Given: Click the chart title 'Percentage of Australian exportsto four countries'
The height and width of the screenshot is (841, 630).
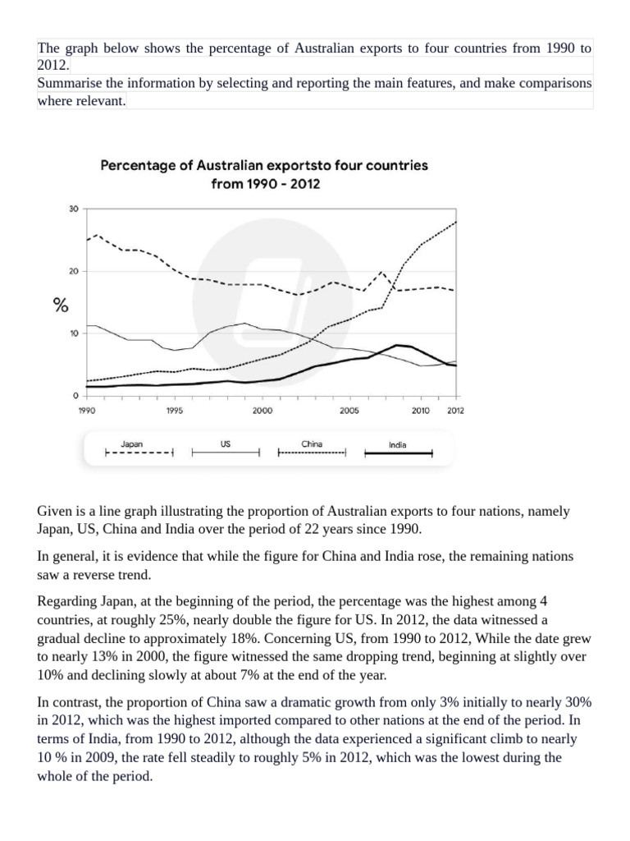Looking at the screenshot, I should pyautogui.click(x=264, y=165).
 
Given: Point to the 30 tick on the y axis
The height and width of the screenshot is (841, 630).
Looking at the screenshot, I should pyautogui.click(x=73, y=209).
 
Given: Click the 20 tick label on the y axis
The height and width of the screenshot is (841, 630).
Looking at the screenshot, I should pyautogui.click(x=73, y=271).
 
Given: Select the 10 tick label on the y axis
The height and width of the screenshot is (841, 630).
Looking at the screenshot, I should pyautogui.click(x=73, y=333).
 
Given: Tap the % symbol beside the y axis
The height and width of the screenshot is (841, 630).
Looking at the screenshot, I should pyautogui.click(x=60, y=306).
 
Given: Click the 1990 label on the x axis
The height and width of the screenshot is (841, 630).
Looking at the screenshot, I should pyautogui.click(x=86, y=411).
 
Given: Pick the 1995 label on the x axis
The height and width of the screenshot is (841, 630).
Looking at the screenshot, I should pyautogui.click(x=174, y=411).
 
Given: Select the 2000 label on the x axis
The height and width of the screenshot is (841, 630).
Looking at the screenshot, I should pyautogui.click(x=262, y=411).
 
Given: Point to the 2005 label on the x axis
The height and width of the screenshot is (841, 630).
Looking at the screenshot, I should pyautogui.click(x=349, y=411).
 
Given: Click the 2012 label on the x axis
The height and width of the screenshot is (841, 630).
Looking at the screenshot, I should pyautogui.click(x=455, y=411).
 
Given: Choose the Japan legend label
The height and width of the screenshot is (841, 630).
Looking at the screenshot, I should pyautogui.click(x=131, y=443).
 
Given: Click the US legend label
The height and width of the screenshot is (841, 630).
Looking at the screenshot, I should pyautogui.click(x=226, y=443).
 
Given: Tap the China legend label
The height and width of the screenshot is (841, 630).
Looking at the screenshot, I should pyautogui.click(x=312, y=443).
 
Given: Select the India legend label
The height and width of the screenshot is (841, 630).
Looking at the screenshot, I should pyautogui.click(x=398, y=446).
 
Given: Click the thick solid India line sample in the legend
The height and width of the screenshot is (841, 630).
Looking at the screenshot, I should pyautogui.click(x=398, y=453).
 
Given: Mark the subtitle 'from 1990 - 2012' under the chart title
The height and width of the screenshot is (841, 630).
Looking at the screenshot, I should pyautogui.click(x=265, y=184).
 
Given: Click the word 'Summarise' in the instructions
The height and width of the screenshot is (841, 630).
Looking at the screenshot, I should pyautogui.click(x=67, y=84).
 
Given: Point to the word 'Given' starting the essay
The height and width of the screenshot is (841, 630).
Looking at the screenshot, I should pyautogui.click(x=55, y=511).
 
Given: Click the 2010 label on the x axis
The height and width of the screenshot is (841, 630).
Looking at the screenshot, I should pyautogui.click(x=420, y=411).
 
